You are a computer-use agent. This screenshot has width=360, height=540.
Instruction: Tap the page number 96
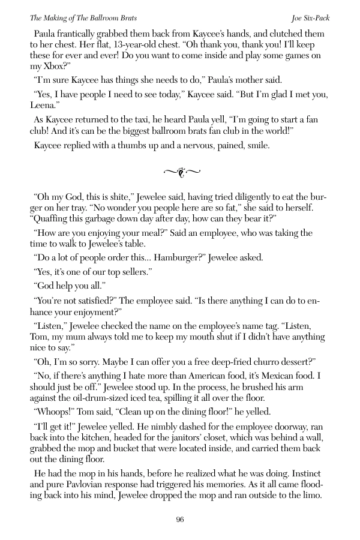[180, 520]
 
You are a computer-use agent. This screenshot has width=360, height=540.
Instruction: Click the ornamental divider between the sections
[180, 173]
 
